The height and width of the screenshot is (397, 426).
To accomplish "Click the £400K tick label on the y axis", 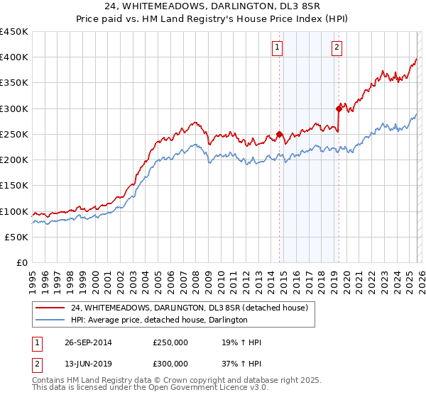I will [x=14, y=57].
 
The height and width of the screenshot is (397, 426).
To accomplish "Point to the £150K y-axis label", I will [x=14, y=186].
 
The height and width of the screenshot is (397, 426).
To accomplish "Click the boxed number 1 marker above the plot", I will [x=276, y=48].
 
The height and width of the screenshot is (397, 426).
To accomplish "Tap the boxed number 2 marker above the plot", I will [x=336, y=48].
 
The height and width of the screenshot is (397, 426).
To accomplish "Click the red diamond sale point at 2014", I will [x=279, y=134].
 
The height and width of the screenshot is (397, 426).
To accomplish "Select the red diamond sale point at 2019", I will [x=339, y=108].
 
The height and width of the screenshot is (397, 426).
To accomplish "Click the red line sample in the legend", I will [x=50, y=308].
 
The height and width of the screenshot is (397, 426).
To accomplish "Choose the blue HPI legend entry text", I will [x=159, y=320].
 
